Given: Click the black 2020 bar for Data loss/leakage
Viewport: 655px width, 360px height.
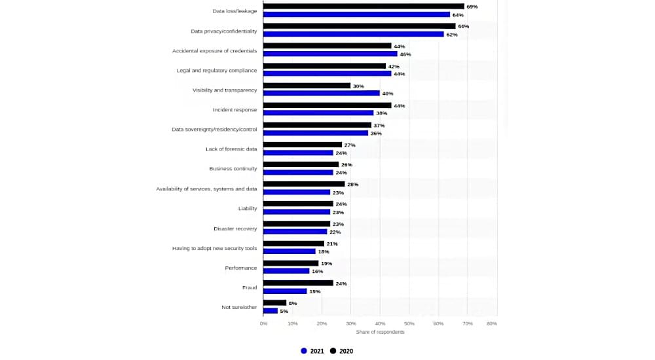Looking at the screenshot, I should click(364, 7).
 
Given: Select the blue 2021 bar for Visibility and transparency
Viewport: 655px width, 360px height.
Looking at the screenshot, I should click(321, 93).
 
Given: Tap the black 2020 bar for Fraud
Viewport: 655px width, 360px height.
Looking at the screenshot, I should click(298, 283).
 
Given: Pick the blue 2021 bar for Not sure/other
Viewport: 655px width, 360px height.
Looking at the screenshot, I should click(271, 311).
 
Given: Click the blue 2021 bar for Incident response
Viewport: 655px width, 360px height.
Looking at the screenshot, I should click(318, 113).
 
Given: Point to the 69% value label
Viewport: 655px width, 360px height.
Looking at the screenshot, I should click(472, 7).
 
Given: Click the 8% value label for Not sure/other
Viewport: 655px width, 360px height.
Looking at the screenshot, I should click(293, 303).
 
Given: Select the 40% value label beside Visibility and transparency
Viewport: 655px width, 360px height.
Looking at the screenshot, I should click(388, 94).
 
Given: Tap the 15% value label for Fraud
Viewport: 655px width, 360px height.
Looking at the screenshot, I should click(315, 291).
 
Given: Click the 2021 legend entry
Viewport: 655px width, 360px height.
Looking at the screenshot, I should click(312, 351).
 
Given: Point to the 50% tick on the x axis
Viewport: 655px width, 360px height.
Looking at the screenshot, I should click(409, 323).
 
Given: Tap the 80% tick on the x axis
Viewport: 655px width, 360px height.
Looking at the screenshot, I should click(492, 323).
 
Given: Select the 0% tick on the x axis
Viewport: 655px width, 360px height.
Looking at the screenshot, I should click(263, 323).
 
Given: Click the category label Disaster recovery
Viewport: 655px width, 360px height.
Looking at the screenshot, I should click(235, 228).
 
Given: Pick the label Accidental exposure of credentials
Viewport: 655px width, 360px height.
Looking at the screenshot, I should click(214, 50).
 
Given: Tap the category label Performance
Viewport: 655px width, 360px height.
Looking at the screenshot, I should click(240, 268).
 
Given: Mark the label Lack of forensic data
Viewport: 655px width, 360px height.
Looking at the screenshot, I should click(231, 149).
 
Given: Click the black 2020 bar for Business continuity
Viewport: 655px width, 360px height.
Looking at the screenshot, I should click(301, 164).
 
